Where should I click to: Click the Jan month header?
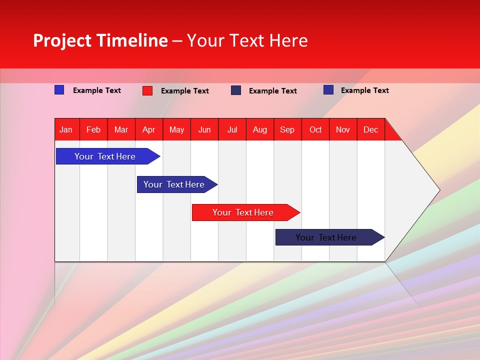66,129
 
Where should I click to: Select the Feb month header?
93,129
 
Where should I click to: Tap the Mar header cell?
121,129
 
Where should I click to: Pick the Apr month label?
149,129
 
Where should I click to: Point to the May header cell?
176,129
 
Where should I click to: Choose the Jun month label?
204,129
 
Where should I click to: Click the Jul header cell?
232,129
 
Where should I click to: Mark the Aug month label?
260,129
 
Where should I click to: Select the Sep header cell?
287,129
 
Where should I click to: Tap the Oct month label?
315,129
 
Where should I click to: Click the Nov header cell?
343,129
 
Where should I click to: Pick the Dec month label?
371,129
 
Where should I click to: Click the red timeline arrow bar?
243,212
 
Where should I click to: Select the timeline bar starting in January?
105,156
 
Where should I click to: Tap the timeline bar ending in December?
326,237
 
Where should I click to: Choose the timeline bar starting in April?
174,184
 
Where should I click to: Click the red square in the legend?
147,90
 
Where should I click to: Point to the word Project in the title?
62,40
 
